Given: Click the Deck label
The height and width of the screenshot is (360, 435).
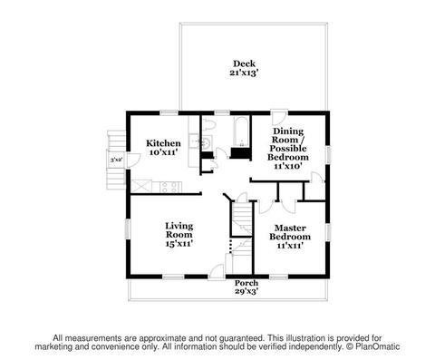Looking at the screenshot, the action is coord(244,63).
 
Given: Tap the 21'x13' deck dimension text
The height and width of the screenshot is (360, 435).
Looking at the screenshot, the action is coord(244,73).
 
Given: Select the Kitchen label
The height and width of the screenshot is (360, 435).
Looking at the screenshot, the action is coord(163,143).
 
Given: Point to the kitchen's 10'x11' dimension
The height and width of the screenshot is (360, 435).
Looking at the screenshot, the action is coord(163,152).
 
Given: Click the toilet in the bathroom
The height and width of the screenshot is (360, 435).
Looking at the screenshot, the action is coord(208,124).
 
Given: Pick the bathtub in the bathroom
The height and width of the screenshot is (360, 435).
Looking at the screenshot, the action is coord(241,132).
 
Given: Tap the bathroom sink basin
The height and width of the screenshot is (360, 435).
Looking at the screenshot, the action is coord(207,142).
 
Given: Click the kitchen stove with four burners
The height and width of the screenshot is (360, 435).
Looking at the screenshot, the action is coord(170,187).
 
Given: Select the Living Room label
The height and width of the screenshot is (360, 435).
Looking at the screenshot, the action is coord(179,230).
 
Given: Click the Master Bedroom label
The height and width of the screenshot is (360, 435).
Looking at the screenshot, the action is coord(290,232).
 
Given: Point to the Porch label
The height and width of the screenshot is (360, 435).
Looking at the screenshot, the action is coord(246,283).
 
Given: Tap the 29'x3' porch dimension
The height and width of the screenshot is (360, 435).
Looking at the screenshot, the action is coord(246,291).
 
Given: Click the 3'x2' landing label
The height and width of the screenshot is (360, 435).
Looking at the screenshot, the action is coord(116,160).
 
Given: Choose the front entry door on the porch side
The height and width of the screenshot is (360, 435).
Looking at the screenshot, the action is coord(217,271).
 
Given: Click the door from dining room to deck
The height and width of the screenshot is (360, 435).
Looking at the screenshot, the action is coord(279,117).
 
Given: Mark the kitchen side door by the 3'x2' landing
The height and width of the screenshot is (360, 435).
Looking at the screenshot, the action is coord(133,161).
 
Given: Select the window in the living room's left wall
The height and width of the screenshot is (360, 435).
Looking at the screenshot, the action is coord(128,229).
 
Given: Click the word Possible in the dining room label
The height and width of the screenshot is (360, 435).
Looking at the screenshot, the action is coord(288,149).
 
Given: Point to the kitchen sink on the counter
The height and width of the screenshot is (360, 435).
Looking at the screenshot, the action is coord(193,141).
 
